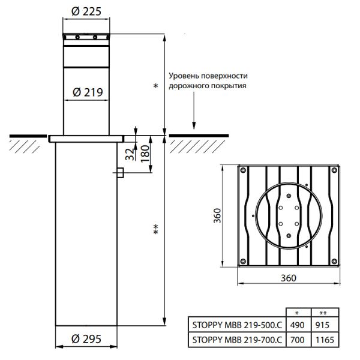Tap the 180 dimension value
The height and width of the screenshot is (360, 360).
pos(144,153)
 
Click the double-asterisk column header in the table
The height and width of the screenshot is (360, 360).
pos(323,313)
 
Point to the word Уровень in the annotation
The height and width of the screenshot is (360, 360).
pos(184,76)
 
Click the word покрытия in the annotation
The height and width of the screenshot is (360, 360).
pos(230,86)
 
